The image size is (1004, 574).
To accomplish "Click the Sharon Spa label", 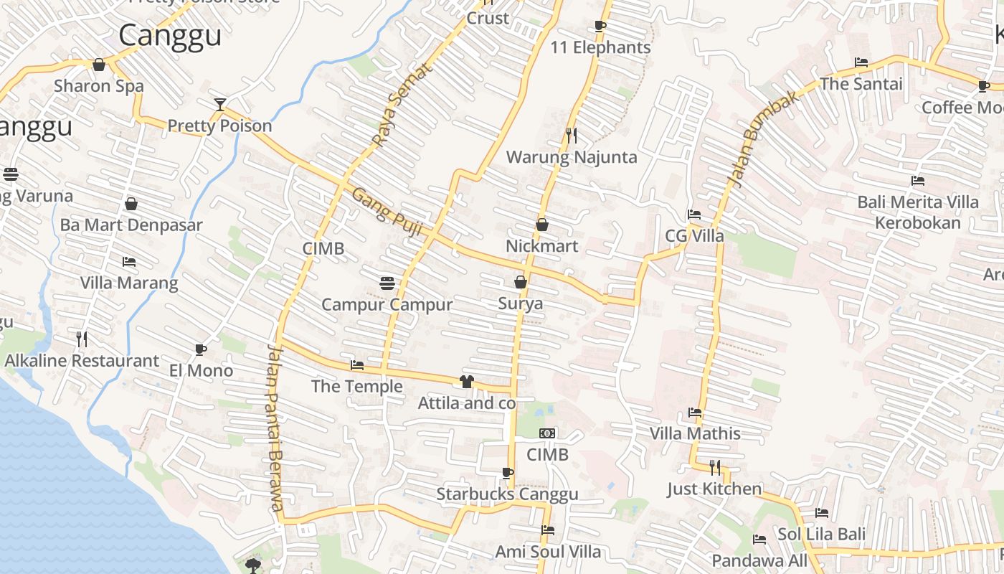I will click(x=99, y=86).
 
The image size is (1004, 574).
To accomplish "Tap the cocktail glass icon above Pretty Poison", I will click(x=219, y=104).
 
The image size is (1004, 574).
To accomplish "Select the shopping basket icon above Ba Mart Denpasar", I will click(x=131, y=204).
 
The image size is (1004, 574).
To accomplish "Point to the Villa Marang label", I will click(x=129, y=283).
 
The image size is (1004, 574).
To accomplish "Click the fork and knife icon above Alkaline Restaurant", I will click(x=82, y=339).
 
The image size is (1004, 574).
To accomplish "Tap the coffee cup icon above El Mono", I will click(x=201, y=349).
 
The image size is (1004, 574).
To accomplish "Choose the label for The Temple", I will click(x=357, y=387).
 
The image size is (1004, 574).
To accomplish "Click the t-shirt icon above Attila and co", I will click(x=467, y=382).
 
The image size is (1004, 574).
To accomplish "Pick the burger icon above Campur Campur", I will click(x=387, y=283).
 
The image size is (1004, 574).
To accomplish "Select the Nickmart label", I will click(x=541, y=246).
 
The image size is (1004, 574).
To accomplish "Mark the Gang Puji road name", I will click(x=387, y=212).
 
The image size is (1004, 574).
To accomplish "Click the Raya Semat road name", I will click(x=402, y=104).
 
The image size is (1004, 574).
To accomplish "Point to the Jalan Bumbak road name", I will click(x=762, y=139).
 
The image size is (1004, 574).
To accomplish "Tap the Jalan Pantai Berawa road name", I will click(x=276, y=427).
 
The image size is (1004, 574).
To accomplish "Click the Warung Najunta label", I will click(x=572, y=157).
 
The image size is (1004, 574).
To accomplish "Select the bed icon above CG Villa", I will click(x=693, y=215).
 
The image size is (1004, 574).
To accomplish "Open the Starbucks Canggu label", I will click(x=507, y=494).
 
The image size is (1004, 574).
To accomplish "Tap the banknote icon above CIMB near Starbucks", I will click(x=547, y=433).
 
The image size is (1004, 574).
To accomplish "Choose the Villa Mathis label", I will click(x=695, y=433).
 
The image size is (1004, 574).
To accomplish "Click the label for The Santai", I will click(x=861, y=84).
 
